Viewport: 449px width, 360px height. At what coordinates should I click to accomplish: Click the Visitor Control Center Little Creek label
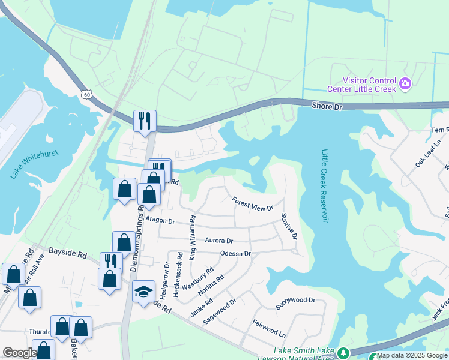[369, 85]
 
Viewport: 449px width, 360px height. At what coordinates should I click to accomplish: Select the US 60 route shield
[88, 95]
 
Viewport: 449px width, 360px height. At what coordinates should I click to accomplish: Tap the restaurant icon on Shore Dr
[145, 120]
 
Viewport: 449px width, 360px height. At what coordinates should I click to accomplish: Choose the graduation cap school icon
[143, 292]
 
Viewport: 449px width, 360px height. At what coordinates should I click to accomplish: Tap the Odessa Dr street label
[235, 254]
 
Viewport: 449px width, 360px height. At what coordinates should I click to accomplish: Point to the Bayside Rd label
[68, 253]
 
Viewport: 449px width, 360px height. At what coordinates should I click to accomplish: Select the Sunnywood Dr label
[295, 301]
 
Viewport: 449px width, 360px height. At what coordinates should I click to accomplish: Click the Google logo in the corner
[20, 353]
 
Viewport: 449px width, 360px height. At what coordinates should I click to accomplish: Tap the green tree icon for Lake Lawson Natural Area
[343, 353]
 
